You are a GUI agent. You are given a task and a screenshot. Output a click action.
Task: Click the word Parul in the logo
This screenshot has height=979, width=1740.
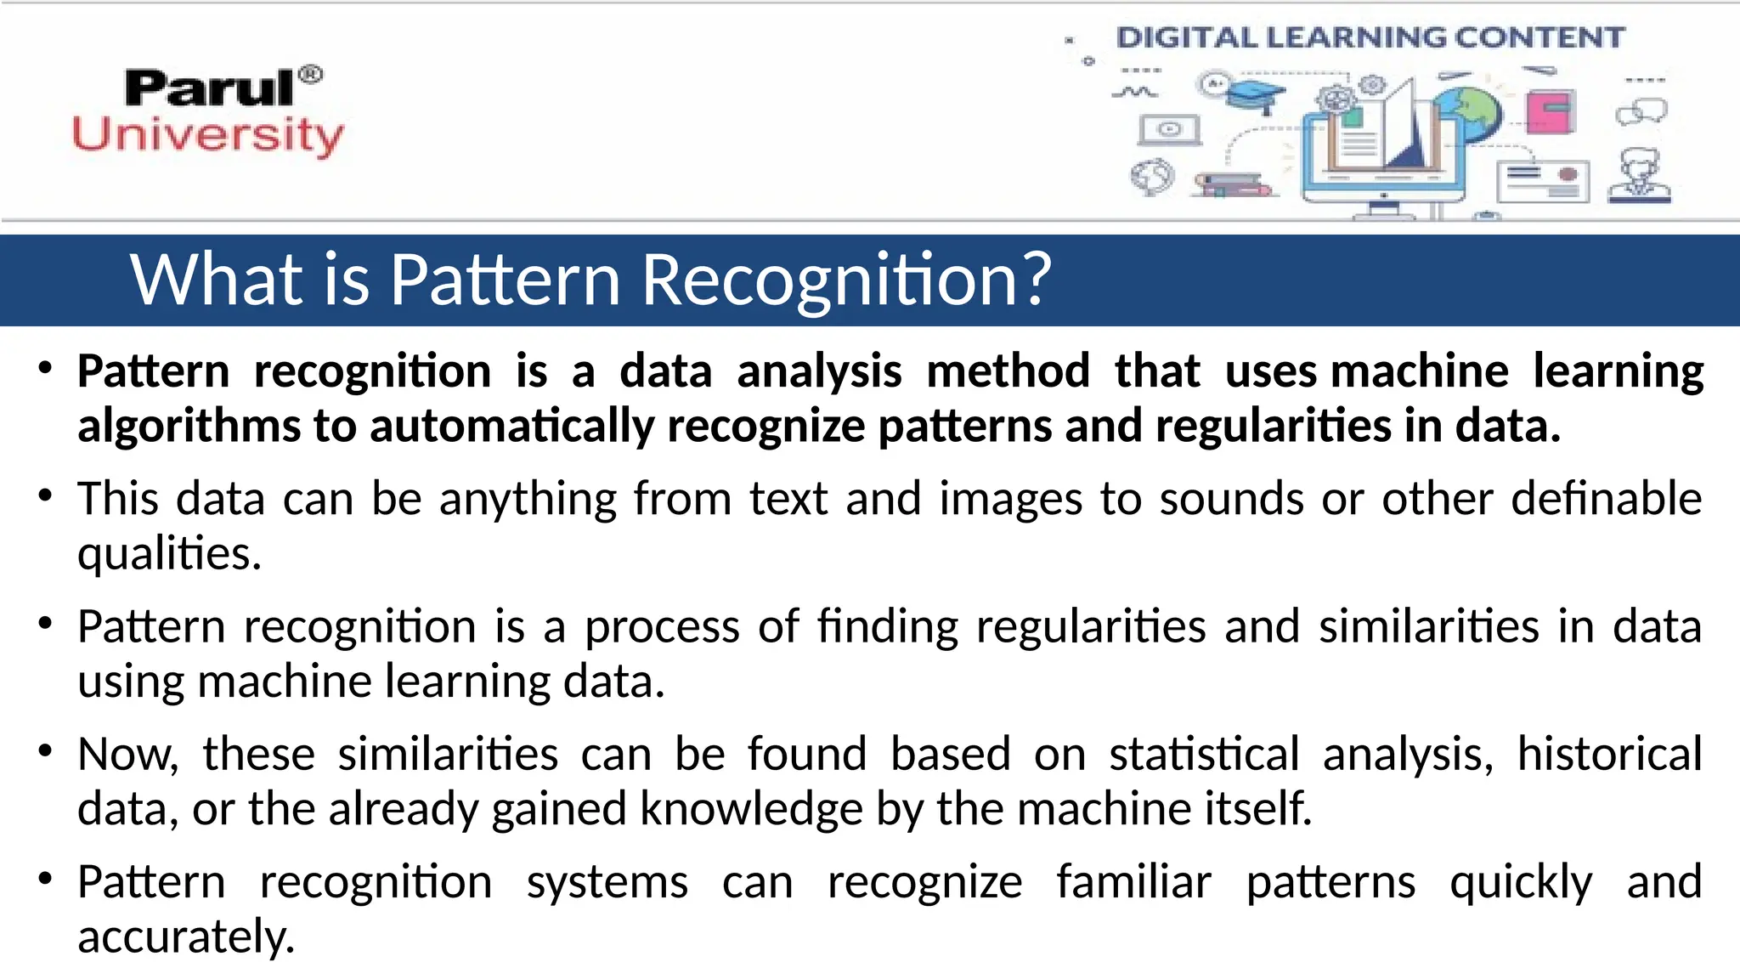[x=209, y=88]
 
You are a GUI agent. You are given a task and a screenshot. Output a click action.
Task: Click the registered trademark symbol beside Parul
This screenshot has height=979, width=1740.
[x=312, y=75]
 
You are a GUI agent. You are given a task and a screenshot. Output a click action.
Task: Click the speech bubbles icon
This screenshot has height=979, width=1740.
[x=1641, y=111]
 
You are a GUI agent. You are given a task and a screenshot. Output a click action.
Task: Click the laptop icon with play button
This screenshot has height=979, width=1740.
[x=1170, y=130]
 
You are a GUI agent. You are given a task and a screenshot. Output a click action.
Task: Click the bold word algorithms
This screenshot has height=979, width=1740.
[x=189, y=425]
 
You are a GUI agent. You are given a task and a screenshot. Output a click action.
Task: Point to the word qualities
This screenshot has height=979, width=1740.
[x=169, y=554]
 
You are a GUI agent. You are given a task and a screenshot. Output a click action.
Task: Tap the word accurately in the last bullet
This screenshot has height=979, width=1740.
[x=186, y=937]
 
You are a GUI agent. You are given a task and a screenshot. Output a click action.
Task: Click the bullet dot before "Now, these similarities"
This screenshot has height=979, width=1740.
[x=46, y=751]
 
